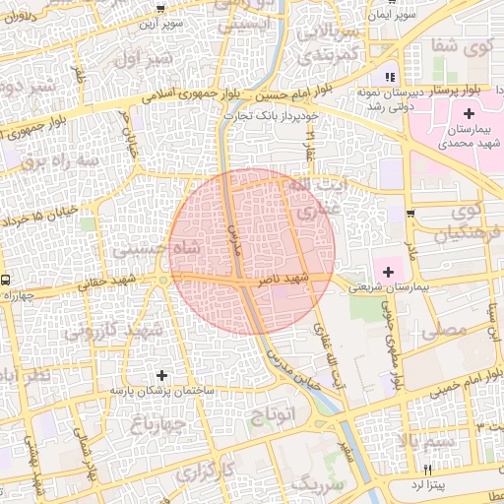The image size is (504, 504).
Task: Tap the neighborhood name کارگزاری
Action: pyautogui.click(x=205, y=472)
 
